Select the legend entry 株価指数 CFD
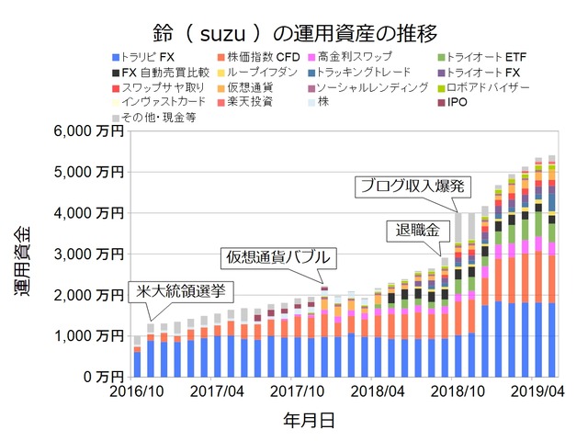(x=265, y=59)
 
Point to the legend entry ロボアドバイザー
(x=484, y=87)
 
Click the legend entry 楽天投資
(x=247, y=102)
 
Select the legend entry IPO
(x=459, y=102)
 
